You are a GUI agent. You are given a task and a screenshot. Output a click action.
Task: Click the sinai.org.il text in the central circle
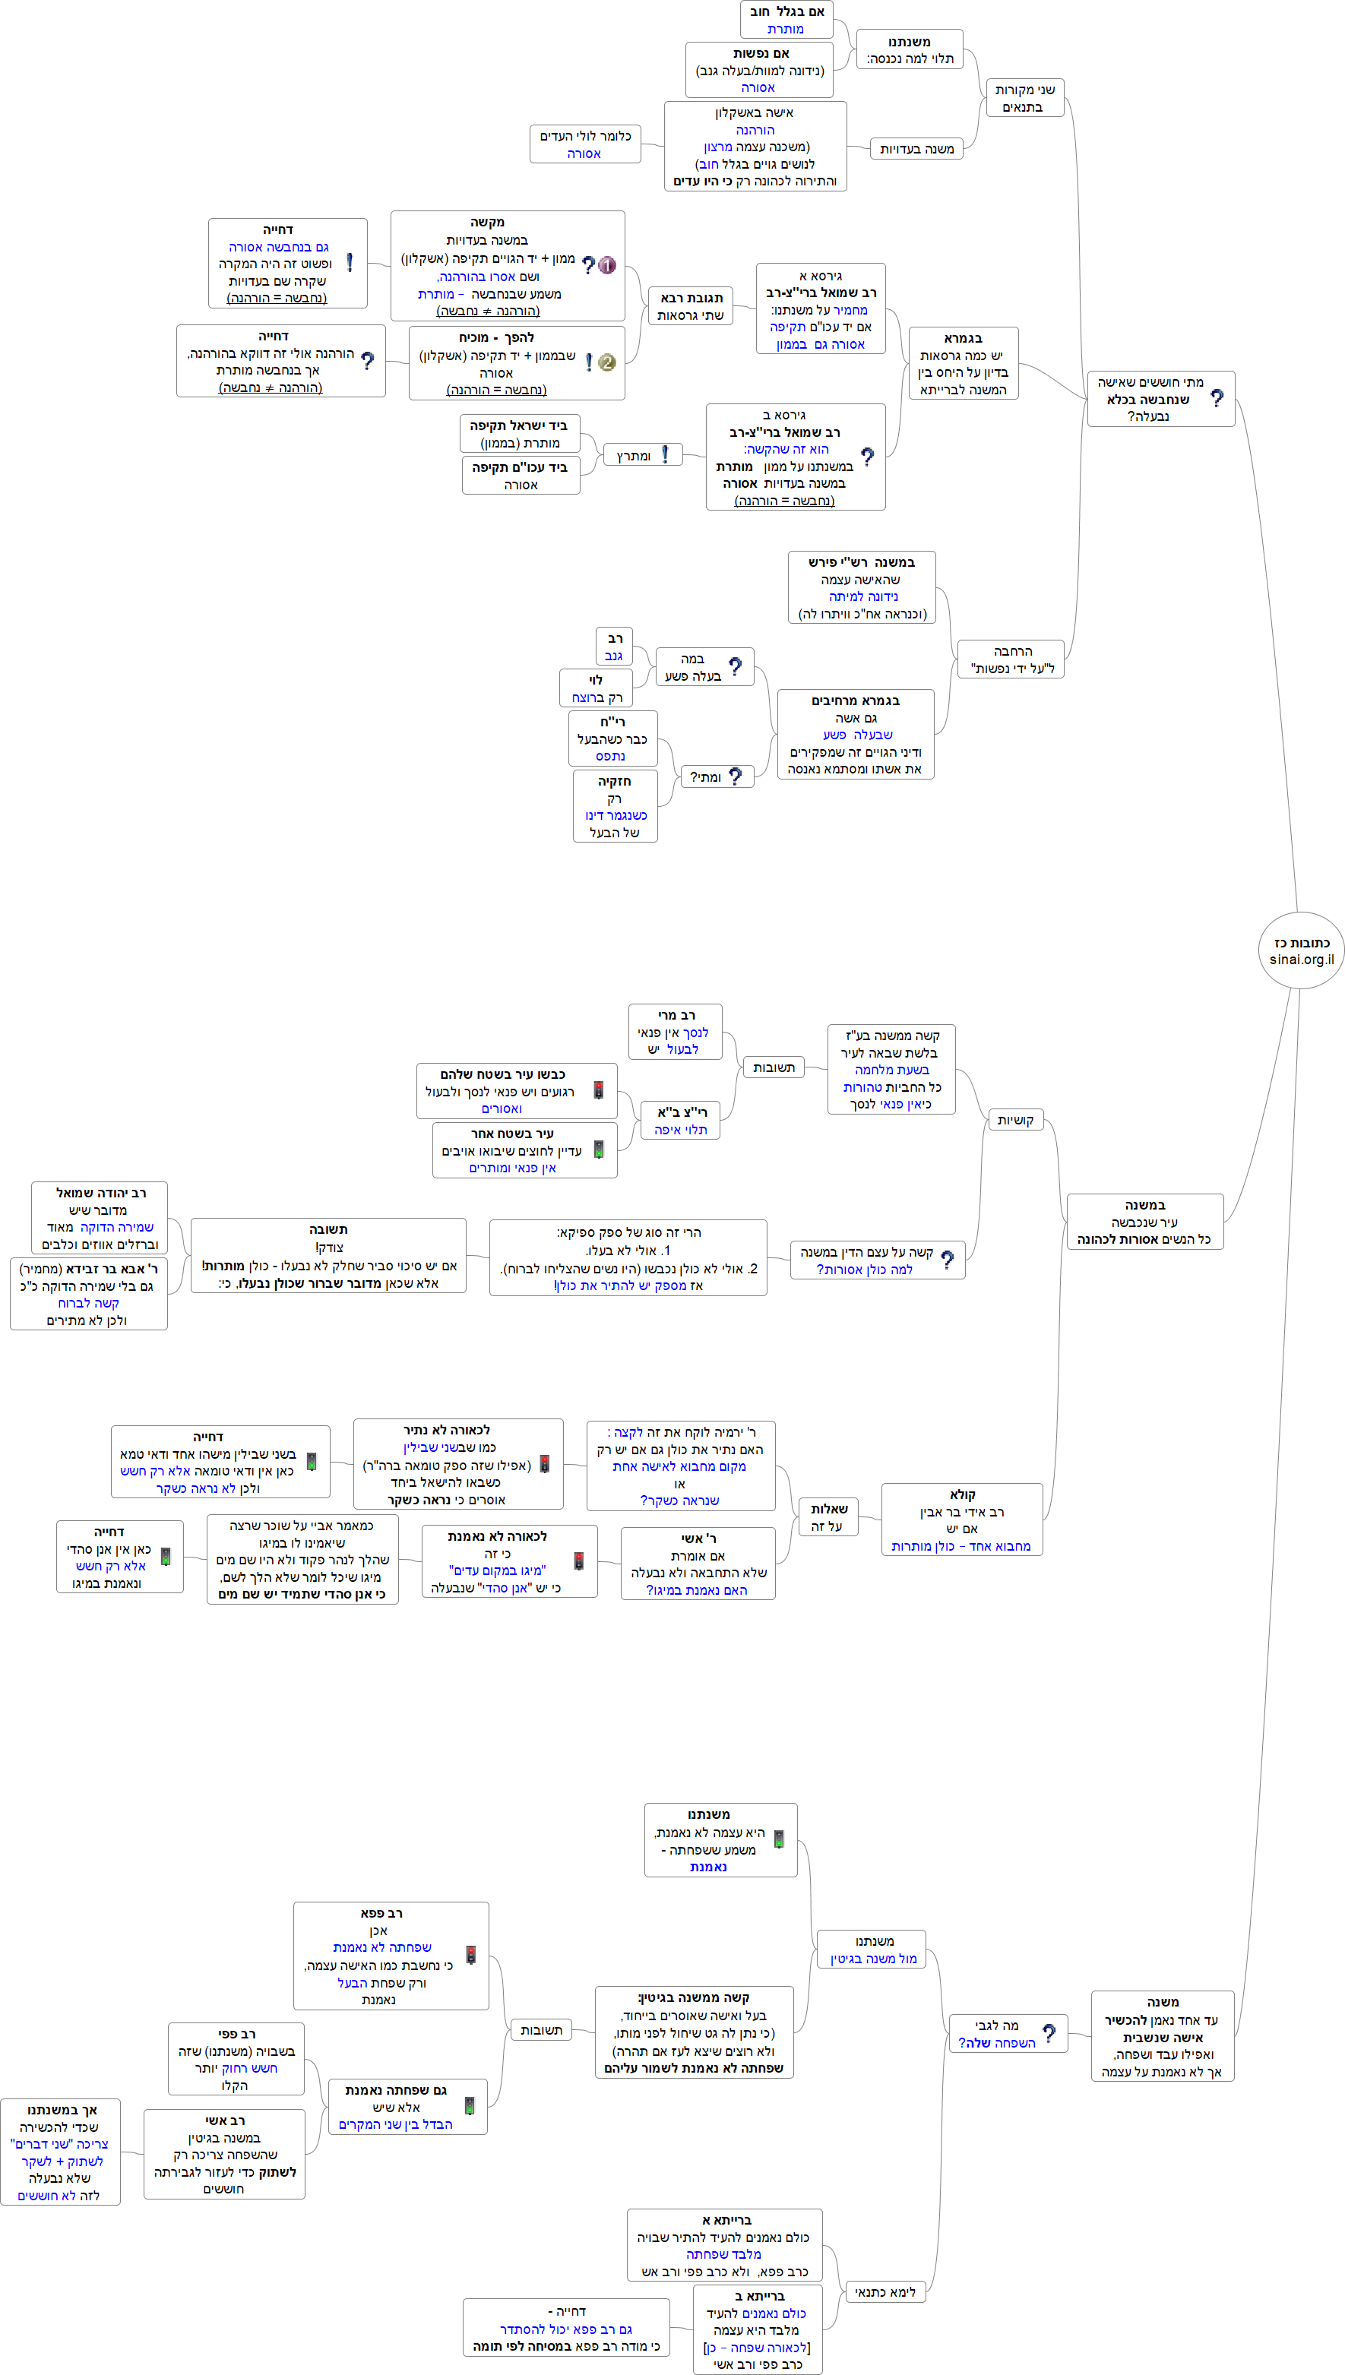[1302, 959]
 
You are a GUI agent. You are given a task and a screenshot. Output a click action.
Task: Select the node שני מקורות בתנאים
[1024, 98]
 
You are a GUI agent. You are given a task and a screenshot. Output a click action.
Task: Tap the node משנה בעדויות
[916, 149]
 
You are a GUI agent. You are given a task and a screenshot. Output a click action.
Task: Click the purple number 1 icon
[607, 265]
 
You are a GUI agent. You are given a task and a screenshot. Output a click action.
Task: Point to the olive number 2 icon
[607, 362]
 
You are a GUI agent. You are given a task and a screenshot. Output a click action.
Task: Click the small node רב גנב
[614, 647]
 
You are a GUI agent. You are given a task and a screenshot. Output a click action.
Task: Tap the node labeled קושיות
[1015, 1120]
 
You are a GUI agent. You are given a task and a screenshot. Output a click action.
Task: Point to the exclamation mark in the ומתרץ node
[665, 454]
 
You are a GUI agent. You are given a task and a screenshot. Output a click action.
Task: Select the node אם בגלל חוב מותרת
[786, 20]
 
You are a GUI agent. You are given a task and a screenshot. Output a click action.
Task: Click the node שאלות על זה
[828, 1517]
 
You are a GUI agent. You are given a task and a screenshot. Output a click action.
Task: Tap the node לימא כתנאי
[885, 2292]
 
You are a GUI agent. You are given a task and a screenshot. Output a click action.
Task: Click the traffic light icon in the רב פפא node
[470, 1955]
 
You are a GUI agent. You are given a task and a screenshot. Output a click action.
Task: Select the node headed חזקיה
[614, 806]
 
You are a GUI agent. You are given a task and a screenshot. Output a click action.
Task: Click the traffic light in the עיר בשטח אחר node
[599, 1150]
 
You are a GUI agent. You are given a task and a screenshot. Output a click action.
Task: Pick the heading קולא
[962, 1494]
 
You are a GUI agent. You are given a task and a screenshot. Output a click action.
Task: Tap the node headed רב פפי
[236, 2059]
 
